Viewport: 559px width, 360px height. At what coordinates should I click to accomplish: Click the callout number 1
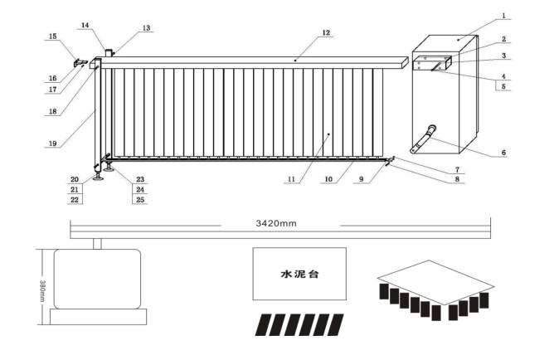505,17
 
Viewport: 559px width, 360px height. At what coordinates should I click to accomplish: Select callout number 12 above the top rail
326,33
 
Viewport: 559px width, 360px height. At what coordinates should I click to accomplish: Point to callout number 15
53,36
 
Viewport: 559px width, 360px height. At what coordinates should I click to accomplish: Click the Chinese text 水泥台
299,271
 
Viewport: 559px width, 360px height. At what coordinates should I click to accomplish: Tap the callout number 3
505,56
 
